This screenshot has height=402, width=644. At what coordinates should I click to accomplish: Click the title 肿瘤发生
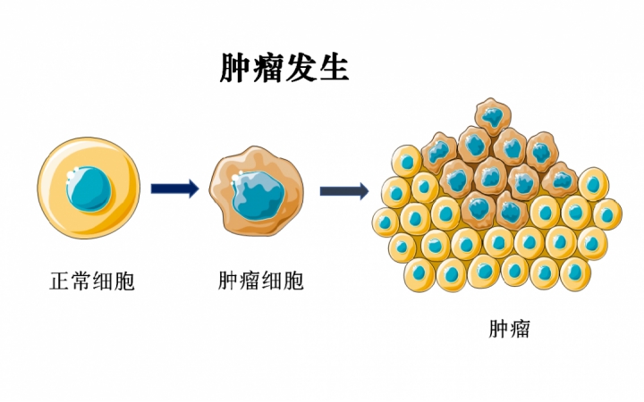pyautogui.click(x=284, y=68)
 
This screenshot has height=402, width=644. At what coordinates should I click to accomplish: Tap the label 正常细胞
pyautogui.click(x=90, y=282)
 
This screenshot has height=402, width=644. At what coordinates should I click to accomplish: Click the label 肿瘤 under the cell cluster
pyautogui.click(x=509, y=329)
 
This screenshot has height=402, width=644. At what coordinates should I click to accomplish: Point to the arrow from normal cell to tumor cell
pyautogui.click(x=174, y=188)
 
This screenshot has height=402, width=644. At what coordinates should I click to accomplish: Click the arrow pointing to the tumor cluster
pyautogui.click(x=344, y=190)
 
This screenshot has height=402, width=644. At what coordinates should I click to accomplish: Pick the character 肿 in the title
pyautogui.click(x=235, y=68)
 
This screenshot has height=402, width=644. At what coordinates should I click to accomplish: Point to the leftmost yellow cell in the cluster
pyautogui.click(x=386, y=221)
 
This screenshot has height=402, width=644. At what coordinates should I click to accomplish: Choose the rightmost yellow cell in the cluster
pyautogui.click(x=607, y=214)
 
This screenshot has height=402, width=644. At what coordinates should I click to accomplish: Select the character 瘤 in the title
pyautogui.click(x=267, y=68)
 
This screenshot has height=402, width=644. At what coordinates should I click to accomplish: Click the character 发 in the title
pyautogui.click(x=301, y=68)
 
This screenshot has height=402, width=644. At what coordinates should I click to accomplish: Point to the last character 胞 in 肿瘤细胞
pyautogui.click(x=293, y=282)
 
